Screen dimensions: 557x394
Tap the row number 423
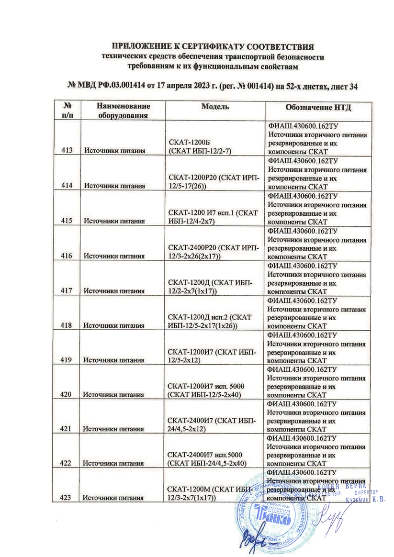pyautogui.click(x=67, y=498)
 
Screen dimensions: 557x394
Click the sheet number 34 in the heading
pyautogui.click(x=353, y=87)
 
